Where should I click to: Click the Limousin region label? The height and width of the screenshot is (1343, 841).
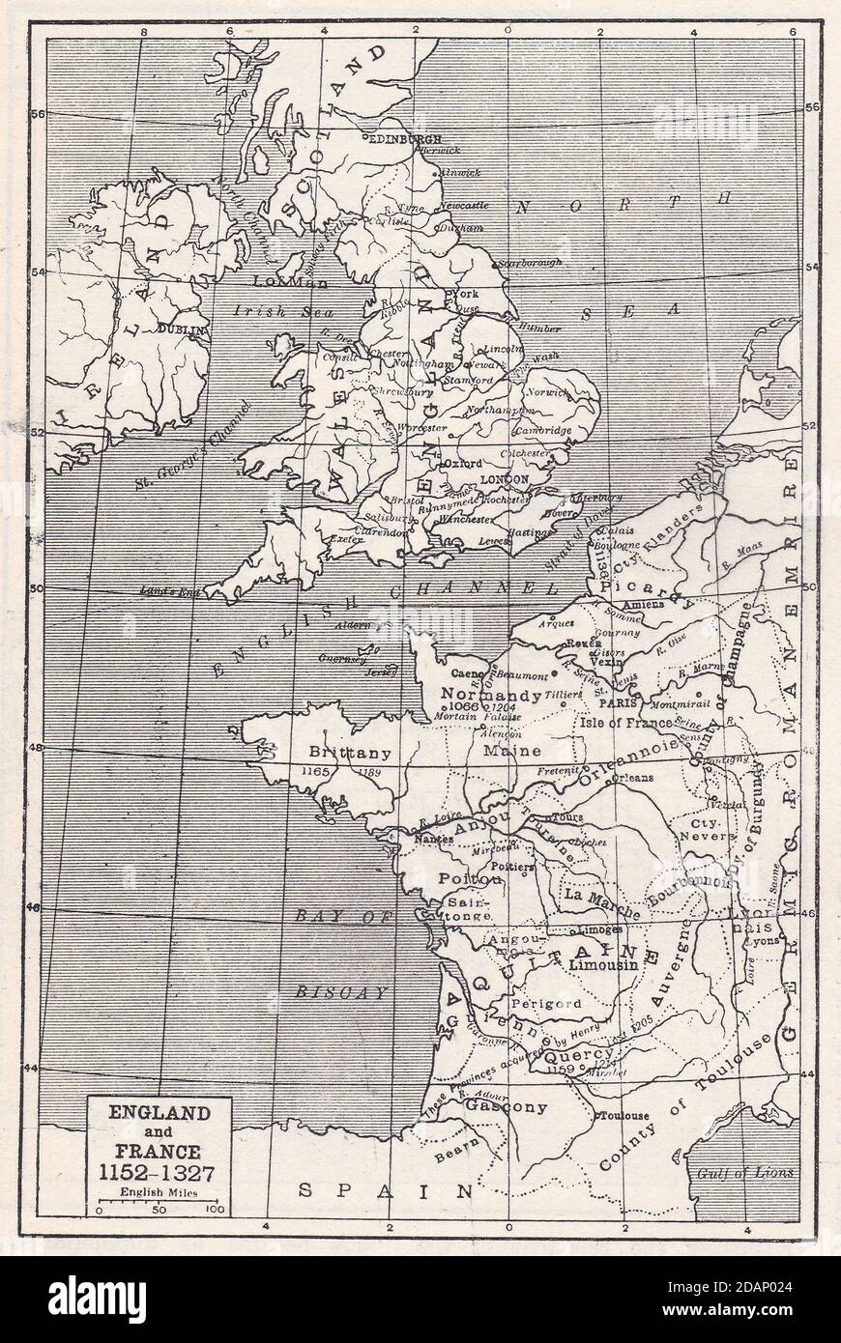(602, 964)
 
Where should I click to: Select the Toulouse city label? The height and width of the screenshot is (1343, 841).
(624, 1116)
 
